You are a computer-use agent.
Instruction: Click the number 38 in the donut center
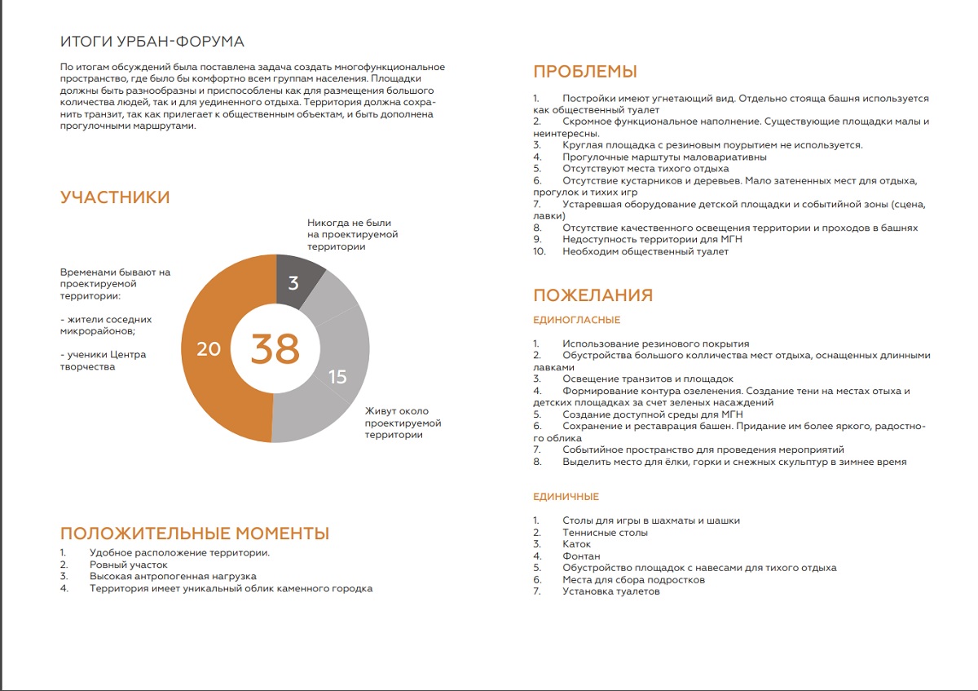(275, 349)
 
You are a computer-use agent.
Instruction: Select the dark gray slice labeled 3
(294, 282)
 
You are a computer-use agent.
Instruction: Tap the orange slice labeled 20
(209, 349)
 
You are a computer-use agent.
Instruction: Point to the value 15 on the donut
(337, 376)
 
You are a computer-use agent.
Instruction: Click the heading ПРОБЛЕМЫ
(584, 72)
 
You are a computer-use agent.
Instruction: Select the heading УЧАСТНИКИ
(115, 197)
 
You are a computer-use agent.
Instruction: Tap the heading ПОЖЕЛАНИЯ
(593, 295)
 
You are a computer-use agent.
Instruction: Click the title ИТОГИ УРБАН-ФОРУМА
(152, 42)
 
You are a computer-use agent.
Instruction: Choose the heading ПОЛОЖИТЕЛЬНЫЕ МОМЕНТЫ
(195, 534)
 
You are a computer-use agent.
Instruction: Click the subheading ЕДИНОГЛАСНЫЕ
(576, 321)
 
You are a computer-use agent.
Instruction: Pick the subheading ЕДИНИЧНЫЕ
(566, 497)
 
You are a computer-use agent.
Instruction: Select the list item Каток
(576, 544)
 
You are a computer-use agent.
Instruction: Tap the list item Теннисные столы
(605, 533)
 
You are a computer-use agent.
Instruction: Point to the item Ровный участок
(128, 565)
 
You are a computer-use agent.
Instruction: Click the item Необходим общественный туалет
(645, 252)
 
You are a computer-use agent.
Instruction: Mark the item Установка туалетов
(610, 591)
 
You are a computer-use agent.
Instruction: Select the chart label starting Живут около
(403, 423)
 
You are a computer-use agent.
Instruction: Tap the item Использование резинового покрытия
(655, 344)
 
